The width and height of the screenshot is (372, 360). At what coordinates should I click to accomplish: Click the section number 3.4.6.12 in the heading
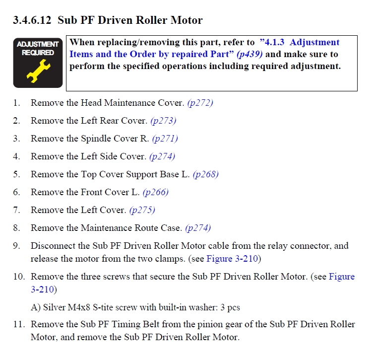32,20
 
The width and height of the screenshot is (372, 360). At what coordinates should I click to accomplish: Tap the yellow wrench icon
38,71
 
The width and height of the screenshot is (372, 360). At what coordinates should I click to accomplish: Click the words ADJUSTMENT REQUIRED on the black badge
38,48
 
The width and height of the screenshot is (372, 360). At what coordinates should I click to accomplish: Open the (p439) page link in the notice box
249,55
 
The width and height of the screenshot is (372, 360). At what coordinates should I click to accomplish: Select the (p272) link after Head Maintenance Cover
200,103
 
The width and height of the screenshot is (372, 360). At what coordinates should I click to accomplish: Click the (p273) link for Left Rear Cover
164,121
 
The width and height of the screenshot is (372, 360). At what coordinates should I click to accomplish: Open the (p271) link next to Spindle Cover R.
165,139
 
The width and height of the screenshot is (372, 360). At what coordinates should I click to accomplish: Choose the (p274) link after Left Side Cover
162,156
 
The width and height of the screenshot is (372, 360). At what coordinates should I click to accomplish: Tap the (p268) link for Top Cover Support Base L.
206,174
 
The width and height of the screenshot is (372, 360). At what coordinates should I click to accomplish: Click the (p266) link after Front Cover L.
156,192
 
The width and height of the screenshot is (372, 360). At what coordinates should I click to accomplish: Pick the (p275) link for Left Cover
142,210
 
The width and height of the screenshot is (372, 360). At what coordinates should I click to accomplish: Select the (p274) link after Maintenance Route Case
198,228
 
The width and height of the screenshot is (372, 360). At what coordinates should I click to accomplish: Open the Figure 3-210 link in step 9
232,259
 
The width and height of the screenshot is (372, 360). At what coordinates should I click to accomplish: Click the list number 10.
19,277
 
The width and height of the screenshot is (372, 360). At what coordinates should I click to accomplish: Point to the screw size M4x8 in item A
79,307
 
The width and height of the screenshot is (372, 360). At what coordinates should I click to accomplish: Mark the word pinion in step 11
210,325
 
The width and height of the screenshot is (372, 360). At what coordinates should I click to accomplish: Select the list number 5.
16,174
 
